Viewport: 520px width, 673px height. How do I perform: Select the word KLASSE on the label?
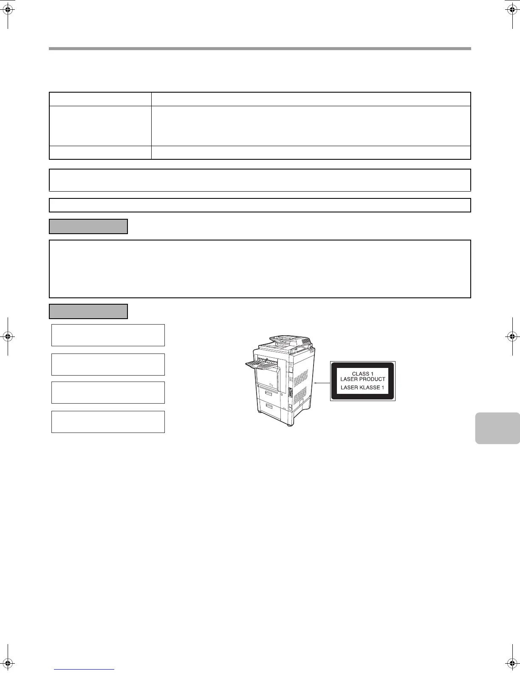pos(368,387)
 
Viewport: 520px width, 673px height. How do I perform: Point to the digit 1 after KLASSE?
pos(382,387)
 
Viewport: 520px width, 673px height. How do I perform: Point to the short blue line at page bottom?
pos(84,670)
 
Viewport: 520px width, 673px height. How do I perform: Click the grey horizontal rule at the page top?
pos(260,49)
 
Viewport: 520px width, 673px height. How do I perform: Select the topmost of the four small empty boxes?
pos(108,335)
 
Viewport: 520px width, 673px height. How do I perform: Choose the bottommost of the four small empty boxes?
pos(108,421)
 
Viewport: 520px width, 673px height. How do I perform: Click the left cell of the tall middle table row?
pos(100,126)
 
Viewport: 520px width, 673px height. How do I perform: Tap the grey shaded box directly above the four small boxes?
pos(88,311)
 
